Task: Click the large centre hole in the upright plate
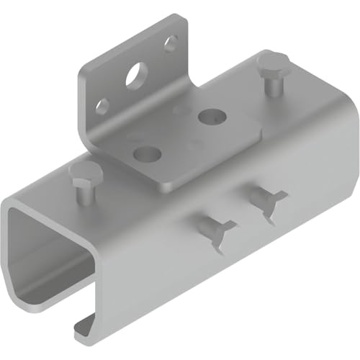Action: point(134,76)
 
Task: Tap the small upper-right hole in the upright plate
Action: point(171,44)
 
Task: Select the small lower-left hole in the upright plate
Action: point(103,106)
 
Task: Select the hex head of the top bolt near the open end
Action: point(85,173)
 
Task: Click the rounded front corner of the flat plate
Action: point(164,186)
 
